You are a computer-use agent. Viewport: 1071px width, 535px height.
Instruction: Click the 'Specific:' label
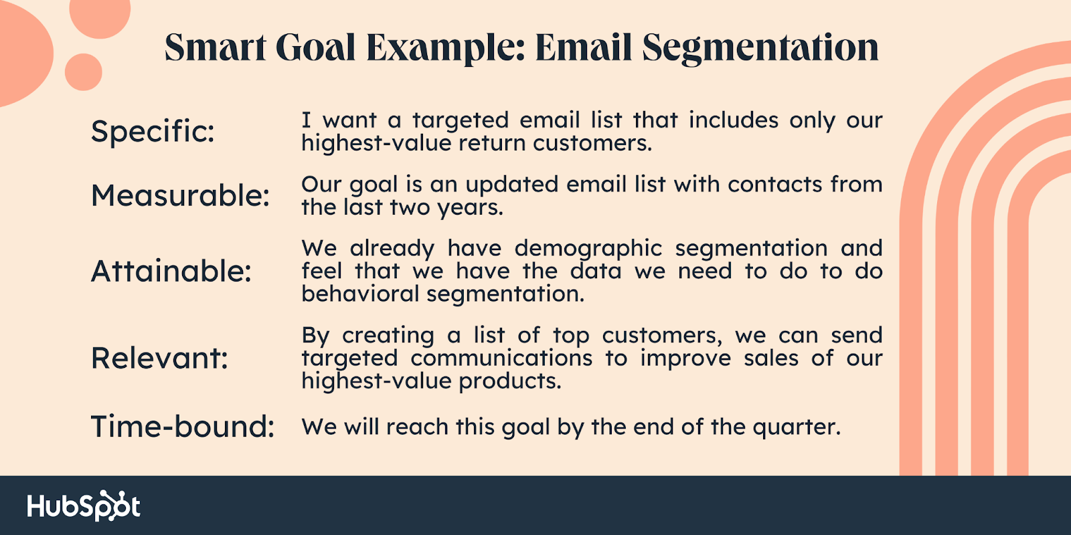coord(153,130)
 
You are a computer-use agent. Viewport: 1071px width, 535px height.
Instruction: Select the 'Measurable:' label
coord(180,195)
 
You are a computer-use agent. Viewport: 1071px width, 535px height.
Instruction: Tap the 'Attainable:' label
coord(171,271)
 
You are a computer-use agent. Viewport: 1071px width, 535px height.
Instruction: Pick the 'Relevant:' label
coord(159,358)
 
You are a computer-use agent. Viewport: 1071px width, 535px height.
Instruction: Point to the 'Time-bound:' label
coord(183,426)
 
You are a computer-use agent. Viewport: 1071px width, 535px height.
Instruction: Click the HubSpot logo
coord(84,506)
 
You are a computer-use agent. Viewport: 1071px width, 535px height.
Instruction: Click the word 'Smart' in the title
coord(215,47)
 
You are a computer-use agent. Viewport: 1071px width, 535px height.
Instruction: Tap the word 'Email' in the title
coord(583,47)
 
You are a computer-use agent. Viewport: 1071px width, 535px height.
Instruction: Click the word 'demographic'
coord(588,249)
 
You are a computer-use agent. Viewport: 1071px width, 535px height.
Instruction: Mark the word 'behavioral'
coord(360,294)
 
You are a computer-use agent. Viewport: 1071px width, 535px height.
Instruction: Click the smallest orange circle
coord(83,72)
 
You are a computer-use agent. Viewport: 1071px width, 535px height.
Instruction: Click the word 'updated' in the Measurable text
coord(512,185)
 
